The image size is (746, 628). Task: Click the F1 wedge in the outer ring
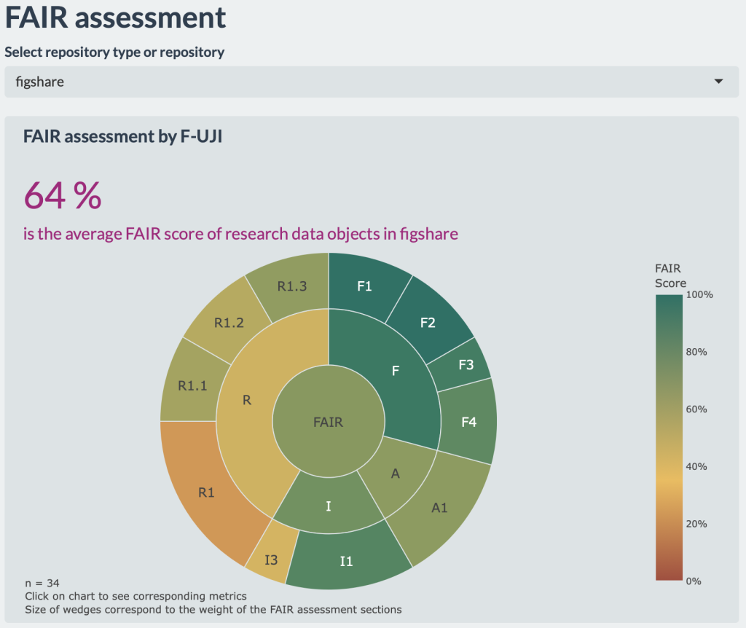[364, 286]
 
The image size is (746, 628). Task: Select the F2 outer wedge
[428, 322]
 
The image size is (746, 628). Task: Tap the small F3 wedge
[466, 365]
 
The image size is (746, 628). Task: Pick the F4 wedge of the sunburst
[468, 421]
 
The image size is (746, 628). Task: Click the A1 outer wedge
[439, 508]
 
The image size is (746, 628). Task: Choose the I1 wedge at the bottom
[347, 560]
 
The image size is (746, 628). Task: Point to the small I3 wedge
[270, 560]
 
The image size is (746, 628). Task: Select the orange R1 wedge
[207, 492]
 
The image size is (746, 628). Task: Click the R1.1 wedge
[192, 385]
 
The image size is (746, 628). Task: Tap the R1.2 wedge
[229, 323]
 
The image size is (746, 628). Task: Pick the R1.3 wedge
[292, 286]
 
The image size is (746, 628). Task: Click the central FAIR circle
[328, 421]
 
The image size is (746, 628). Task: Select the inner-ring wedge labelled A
[396, 474]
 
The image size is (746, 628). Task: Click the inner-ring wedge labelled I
[329, 506]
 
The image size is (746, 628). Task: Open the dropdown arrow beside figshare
[719, 82]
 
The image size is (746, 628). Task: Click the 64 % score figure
[63, 195]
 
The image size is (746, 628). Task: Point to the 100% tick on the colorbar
[700, 294]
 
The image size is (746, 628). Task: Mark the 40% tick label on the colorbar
[697, 466]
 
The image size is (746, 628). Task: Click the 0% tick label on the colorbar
[695, 581]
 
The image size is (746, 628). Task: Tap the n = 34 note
[42, 583]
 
